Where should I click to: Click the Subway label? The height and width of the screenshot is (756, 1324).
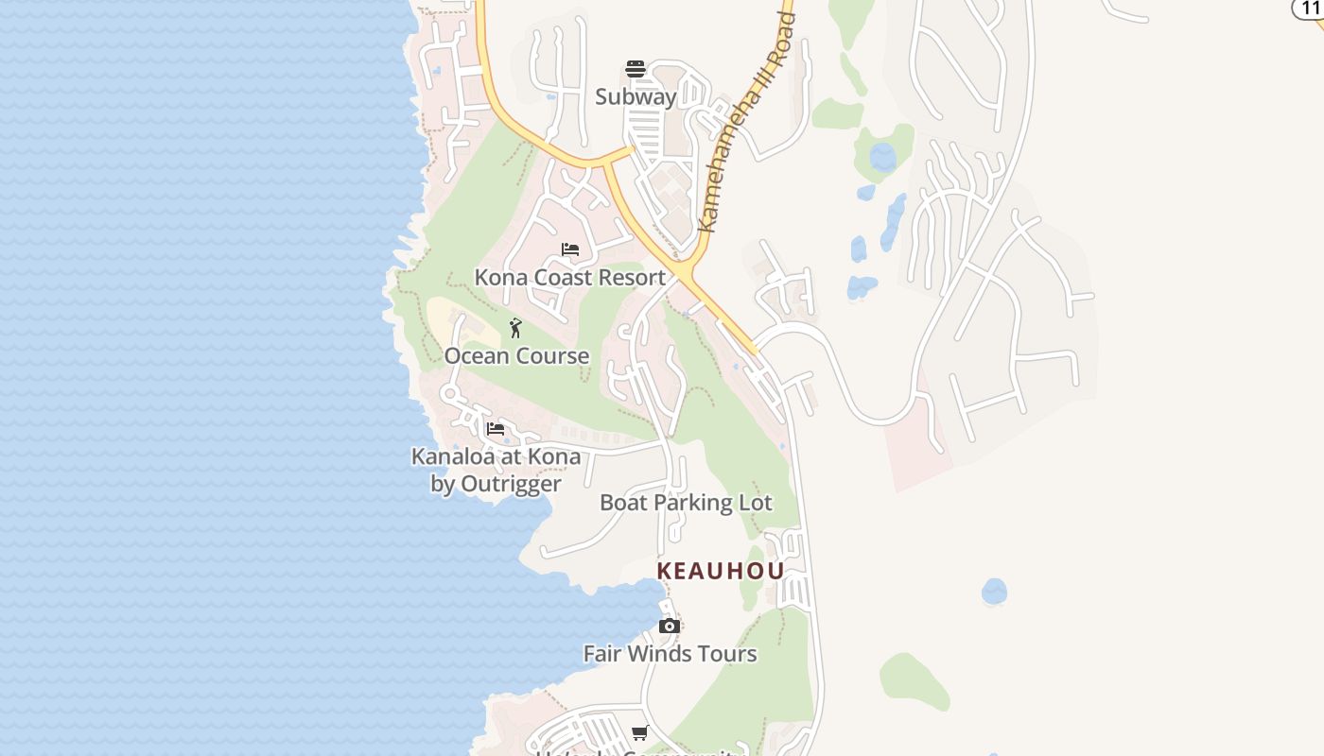click(x=636, y=96)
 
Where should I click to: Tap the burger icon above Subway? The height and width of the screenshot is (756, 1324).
click(x=636, y=68)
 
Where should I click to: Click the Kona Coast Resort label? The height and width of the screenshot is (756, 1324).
click(x=570, y=277)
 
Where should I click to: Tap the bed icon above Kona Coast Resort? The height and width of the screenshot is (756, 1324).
click(x=570, y=249)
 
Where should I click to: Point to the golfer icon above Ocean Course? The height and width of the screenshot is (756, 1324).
click(x=515, y=328)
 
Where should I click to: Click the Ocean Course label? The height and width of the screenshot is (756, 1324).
click(x=516, y=355)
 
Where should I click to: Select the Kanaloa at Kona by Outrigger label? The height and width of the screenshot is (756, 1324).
click(x=496, y=470)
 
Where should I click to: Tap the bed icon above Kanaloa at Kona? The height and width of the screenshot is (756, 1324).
click(x=495, y=428)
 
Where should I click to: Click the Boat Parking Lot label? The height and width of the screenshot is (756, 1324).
click(x=686, y=502)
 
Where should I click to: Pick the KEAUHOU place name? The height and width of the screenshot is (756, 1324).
click(x=721, y=571)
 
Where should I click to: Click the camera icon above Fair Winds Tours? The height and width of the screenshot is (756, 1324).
click(x=670, y=626)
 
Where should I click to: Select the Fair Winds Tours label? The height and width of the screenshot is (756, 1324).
click(x=670, y=653)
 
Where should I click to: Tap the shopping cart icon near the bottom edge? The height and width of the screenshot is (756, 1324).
click(x=640, y=732)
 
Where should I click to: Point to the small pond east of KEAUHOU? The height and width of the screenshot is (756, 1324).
click(x=994, y=592)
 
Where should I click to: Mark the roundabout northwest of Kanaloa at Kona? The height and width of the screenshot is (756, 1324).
click(x=450, y=393)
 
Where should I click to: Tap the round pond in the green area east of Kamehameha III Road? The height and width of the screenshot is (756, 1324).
click(x=882, y=156)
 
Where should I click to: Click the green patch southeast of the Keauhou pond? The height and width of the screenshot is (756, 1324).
click(x=914, y=681)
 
